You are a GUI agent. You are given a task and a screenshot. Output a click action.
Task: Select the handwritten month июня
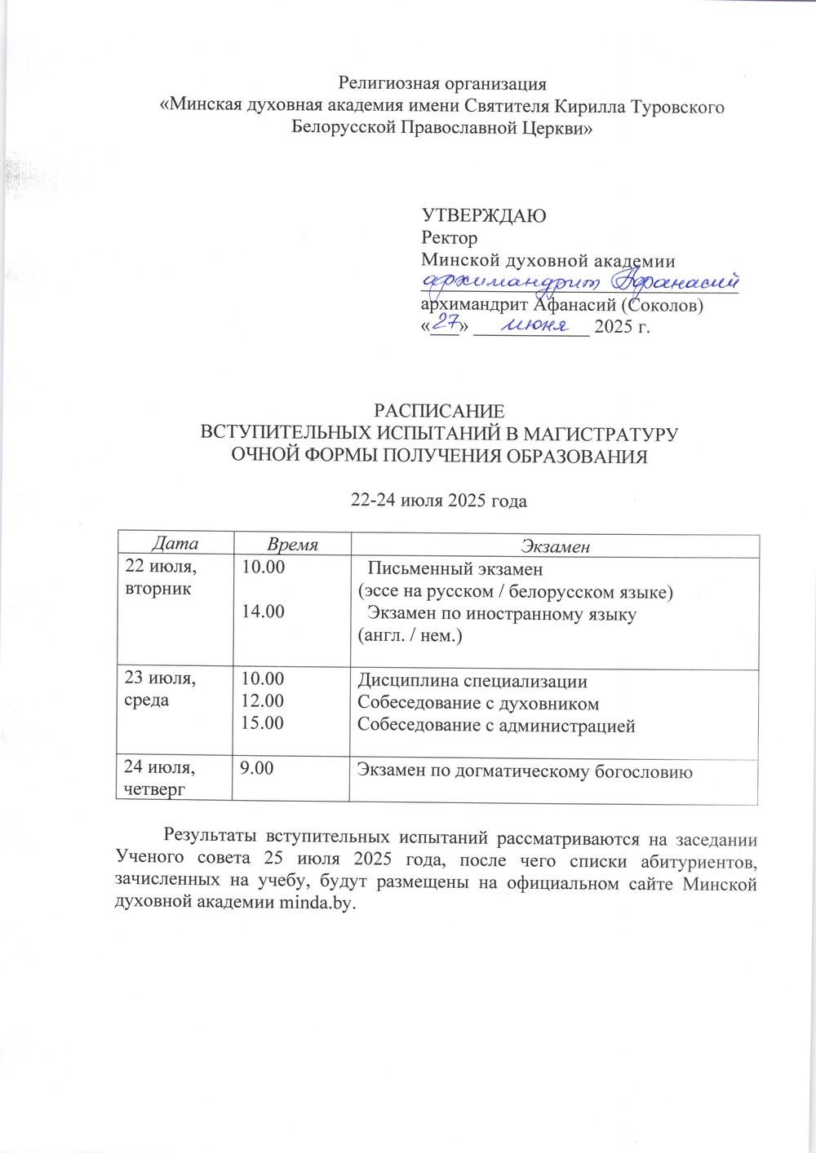coord(533,325)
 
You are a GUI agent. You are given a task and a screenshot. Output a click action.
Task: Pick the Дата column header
coord(174,544)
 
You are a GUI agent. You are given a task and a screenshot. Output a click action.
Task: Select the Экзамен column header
coord(554,546)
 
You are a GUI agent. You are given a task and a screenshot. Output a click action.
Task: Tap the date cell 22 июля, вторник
coord(161,576)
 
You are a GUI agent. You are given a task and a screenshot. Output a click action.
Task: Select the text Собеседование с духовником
coord(479,703)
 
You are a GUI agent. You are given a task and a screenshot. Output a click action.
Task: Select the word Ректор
coord(448,238)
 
